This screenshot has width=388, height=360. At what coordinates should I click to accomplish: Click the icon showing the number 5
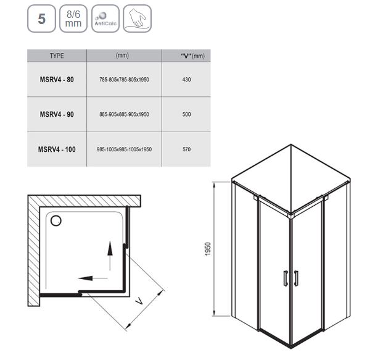pos(41,19)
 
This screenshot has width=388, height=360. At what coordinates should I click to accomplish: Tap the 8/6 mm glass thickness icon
pos(73,19)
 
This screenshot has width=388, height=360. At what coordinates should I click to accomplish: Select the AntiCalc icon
pos(105,19)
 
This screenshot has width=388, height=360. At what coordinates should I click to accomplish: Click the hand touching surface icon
pos(137,19)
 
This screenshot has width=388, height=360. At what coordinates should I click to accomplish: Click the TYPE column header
pos(57,56)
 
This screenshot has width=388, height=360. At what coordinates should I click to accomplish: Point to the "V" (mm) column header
pos(192,56)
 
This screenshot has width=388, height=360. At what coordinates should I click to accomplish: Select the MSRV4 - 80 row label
pos(57,80)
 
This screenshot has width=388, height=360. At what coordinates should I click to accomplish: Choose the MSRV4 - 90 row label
pos(57,114)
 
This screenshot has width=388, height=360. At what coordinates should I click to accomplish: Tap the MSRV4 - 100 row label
pos(57,149)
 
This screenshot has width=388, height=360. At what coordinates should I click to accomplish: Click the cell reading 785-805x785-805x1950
pos(124,80)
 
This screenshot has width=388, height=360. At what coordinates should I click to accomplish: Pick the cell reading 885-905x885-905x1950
pos(124,114)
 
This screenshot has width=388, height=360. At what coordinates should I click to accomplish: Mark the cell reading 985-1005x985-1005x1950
pos(124,149)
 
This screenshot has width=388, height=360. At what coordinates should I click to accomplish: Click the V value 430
pos(186,80)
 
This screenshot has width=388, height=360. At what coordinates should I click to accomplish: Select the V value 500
pos(186,114)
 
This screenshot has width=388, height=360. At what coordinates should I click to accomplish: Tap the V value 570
pos(186,149)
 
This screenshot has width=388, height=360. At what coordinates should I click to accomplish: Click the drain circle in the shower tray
pos(56,220)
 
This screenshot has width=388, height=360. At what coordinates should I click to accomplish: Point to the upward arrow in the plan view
pos(110,256)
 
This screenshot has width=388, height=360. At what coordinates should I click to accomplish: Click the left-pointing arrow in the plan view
pos(93,278)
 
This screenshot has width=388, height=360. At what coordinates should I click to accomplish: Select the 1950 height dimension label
pos(208,249)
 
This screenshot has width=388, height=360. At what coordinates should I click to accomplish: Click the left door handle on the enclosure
pos(286,278)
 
